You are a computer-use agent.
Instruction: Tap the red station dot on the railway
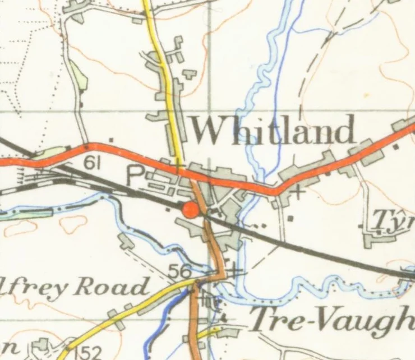click(191, 209)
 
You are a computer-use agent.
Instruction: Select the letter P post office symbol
click(135, 175)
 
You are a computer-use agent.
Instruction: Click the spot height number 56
click(179, 271)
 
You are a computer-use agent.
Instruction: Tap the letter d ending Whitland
click(345, 131)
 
